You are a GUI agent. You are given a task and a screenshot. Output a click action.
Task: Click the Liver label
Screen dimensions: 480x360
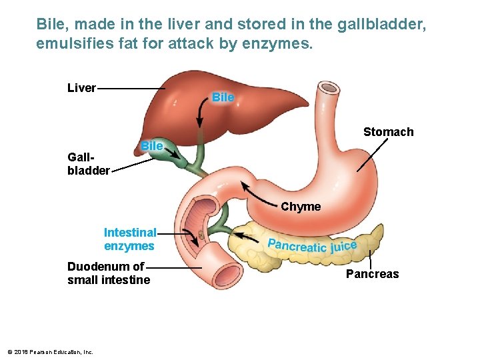81,88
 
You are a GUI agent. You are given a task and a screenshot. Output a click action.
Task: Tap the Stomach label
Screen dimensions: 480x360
388,132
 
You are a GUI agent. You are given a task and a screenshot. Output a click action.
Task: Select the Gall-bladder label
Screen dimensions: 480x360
88,164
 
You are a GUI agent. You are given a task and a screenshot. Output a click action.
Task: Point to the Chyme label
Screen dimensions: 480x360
301,207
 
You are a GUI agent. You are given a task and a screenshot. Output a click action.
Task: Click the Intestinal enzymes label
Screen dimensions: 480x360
129,239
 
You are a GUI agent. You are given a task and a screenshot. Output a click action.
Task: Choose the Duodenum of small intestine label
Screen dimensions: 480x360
109,273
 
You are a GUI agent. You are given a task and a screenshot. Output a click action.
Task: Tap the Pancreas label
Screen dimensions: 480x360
372,274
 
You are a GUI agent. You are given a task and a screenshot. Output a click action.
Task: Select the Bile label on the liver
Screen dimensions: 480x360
223,97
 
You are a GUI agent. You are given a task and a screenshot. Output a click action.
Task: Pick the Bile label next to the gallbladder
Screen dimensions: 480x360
152,146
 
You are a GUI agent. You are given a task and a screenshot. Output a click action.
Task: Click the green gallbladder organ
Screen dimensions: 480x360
175,159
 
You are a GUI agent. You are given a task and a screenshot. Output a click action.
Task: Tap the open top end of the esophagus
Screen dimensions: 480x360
329,88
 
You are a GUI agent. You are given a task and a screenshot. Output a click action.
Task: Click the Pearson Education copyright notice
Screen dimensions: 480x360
49,351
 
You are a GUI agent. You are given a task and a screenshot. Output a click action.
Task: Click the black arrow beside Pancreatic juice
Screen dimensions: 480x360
246,233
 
